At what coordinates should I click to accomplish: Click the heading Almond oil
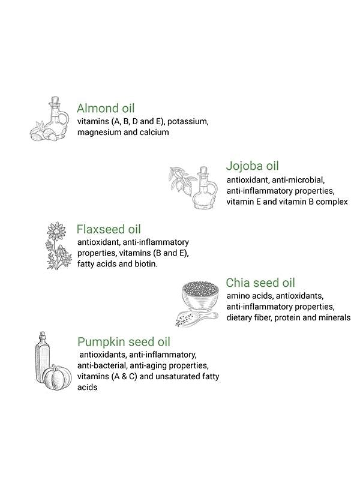[x=106, y=109]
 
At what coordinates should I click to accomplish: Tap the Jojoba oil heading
[x=253, y=166]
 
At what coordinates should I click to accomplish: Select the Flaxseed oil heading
[x=109, y=229]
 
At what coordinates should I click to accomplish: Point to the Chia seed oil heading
[x=260, y=283]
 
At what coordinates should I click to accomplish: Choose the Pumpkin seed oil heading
[x=124, y=342]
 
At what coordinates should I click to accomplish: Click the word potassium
[x=188, y=122]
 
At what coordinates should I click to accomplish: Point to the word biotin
[x=146, y=264]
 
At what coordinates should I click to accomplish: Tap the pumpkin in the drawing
[x=57, y=377]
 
